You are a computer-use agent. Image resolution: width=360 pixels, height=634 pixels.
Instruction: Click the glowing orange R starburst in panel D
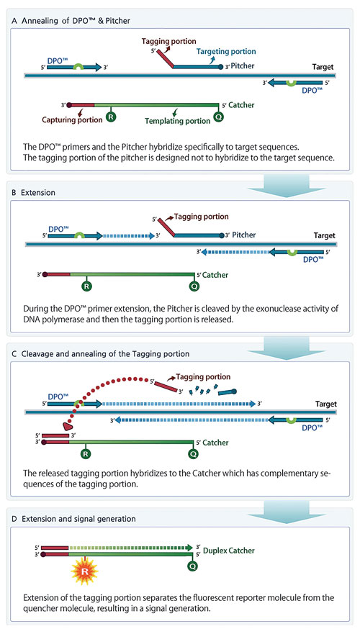[x=84, y=571]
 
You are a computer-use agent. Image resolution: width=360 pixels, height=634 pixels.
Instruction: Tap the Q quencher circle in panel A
[x=219, y=117]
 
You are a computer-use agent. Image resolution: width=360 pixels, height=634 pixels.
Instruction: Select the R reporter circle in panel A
[x=111, y=117]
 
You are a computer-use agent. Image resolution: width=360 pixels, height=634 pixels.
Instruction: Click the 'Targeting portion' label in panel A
[x=226, y=51]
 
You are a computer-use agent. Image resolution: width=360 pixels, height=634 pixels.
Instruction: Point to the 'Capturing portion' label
[x=72, y=119]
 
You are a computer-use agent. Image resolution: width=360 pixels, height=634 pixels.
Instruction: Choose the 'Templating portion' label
[x=178, y=120]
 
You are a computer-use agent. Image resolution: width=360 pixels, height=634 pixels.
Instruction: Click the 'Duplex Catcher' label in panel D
[x=229, y=551]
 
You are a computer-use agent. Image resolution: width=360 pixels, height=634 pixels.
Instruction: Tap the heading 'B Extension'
[x=34, y=192]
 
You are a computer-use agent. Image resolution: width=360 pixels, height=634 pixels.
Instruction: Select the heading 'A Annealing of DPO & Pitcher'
[x=71, y=21]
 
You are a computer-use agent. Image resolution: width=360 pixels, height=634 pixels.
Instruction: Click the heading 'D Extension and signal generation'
[x=73, y=519]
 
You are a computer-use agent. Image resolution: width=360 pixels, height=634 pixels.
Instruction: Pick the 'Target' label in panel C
[x=325, y=404]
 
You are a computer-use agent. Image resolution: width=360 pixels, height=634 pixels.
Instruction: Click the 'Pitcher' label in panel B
[x=244, y=235]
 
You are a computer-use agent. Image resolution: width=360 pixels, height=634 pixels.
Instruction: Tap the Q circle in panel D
[x=193, y=566]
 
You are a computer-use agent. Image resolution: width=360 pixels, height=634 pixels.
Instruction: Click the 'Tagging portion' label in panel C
[x=203, y=377]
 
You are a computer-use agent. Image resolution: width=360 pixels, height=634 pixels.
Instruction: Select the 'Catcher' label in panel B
[x=215, y=275]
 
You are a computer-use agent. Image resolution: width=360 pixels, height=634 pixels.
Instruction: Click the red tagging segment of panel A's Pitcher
[x=164, y=58]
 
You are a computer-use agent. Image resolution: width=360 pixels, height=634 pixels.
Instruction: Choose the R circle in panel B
[x=86, y=286]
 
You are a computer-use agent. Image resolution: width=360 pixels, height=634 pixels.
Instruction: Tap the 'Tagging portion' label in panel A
[x=169, y=41]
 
